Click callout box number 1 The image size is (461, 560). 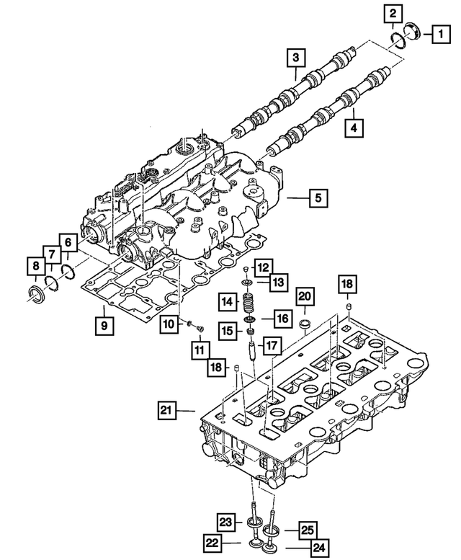point(437,32)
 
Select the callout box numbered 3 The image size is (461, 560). point(295,56)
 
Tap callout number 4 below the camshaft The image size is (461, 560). point(354,128)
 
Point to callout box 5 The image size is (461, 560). point(318,197)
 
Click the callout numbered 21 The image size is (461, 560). point(167,411)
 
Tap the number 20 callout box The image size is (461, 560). point(304,295)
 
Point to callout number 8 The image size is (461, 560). point(35,268)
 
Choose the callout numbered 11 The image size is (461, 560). point(198,350)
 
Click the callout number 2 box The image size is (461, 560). point(393,12)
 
